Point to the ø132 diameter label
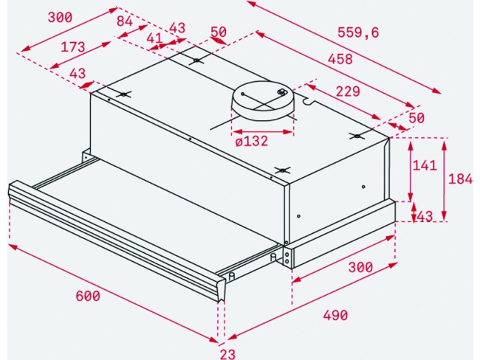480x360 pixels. click(251, 141)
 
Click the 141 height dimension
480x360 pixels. click(424, 165)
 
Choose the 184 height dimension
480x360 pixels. click(462, 179)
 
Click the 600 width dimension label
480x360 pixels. click(87, 296)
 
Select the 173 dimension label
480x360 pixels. click(73, 47)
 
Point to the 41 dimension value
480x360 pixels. click(154, 38)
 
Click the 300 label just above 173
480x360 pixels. click(59, 18)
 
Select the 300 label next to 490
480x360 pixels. click(360, 268)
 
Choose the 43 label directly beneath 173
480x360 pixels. click(77, 73)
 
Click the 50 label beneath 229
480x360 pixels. click(416, 118)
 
